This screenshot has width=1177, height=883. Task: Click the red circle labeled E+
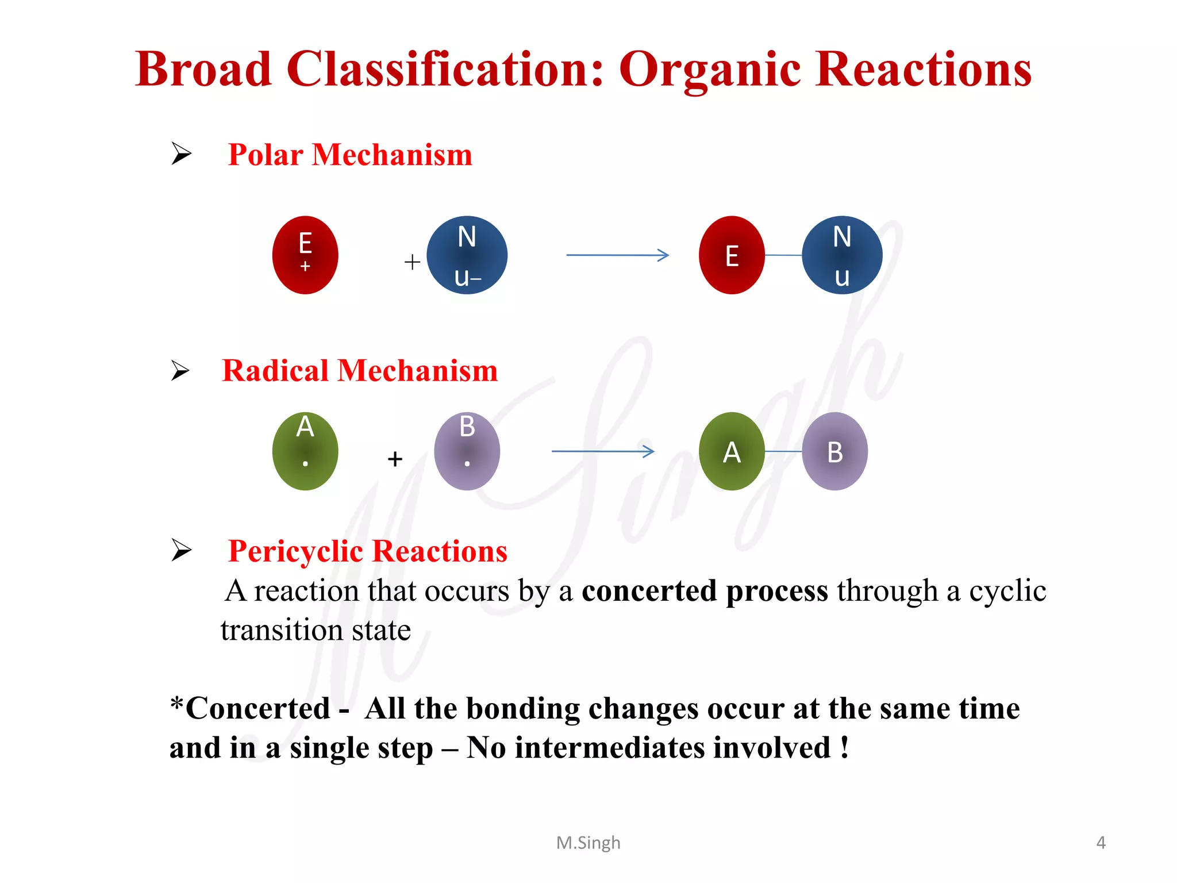tap(305, 255)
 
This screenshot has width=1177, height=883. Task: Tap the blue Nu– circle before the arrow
tap(467, 255)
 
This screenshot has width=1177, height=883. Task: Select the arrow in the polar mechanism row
tap(617, 255)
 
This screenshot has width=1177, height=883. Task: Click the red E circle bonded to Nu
tap(732, 255)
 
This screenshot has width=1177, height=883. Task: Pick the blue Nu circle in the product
tap(842, 255)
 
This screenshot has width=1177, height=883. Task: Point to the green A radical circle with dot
tap(305, 451)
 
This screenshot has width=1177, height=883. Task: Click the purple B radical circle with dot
tap(467, 451)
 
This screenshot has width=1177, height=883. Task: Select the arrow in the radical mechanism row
tap(603, 451)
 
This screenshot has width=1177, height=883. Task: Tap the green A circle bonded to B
tap(732, 451)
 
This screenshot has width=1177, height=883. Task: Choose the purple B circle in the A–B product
tap(835, 451)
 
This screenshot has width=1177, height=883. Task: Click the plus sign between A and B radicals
tap(395, 459)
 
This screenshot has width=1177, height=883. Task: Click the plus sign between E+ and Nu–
tap(412, 262)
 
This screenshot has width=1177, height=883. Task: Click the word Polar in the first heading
tap(266, 155)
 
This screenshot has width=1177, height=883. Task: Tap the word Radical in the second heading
tap(275, 371)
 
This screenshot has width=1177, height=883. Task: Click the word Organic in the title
tap(710, 70)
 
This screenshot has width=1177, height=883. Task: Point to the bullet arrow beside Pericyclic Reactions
tap(182, 550)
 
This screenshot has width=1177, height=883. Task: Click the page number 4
tap(1101, 843)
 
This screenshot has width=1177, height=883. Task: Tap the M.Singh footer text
tap(588, 843)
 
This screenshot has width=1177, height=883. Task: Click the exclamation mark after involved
tap(844, 748)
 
